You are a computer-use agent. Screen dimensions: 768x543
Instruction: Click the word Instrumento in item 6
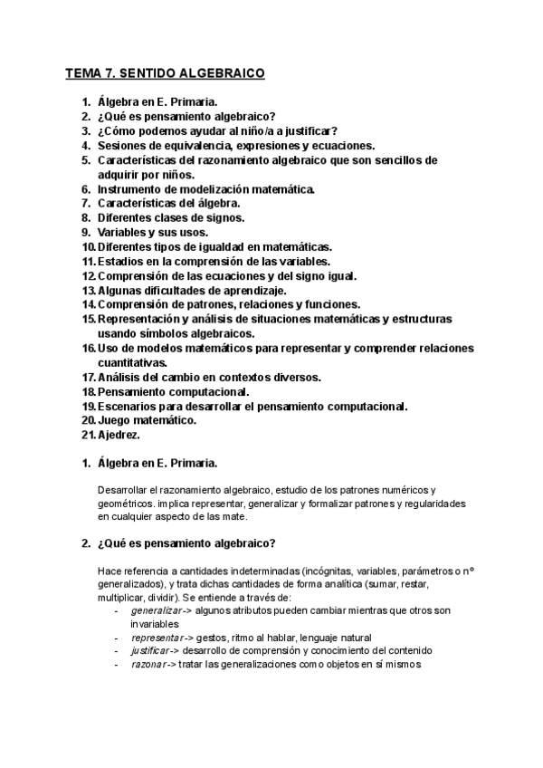click(x=132, y=188)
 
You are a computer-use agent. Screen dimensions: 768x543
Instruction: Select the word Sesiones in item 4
click(x=122, y=145)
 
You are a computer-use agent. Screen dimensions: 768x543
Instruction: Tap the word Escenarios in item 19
click(x=129, y=406)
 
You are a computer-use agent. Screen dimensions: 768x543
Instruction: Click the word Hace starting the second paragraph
click(x=109, y=571)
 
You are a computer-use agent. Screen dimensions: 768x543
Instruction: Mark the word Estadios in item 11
click(x=122, y=261)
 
